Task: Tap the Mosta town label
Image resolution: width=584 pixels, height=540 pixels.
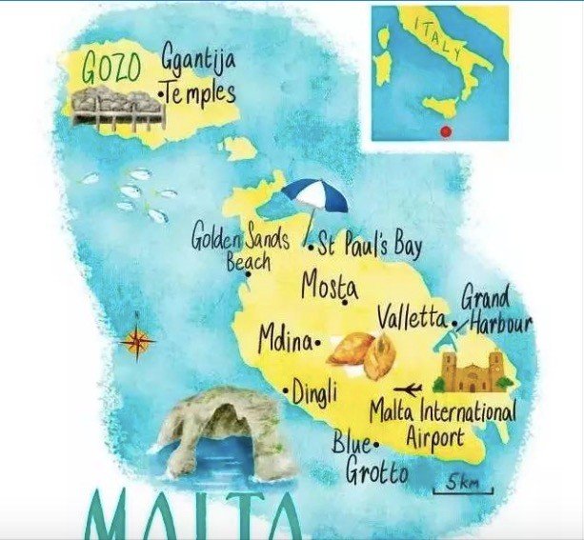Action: (330, 285)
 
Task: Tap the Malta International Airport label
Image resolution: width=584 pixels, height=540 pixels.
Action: (440, 426)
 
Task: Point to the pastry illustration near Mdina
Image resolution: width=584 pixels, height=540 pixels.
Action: (363, 354)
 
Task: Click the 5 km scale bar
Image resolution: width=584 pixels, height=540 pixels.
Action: (463, 486)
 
